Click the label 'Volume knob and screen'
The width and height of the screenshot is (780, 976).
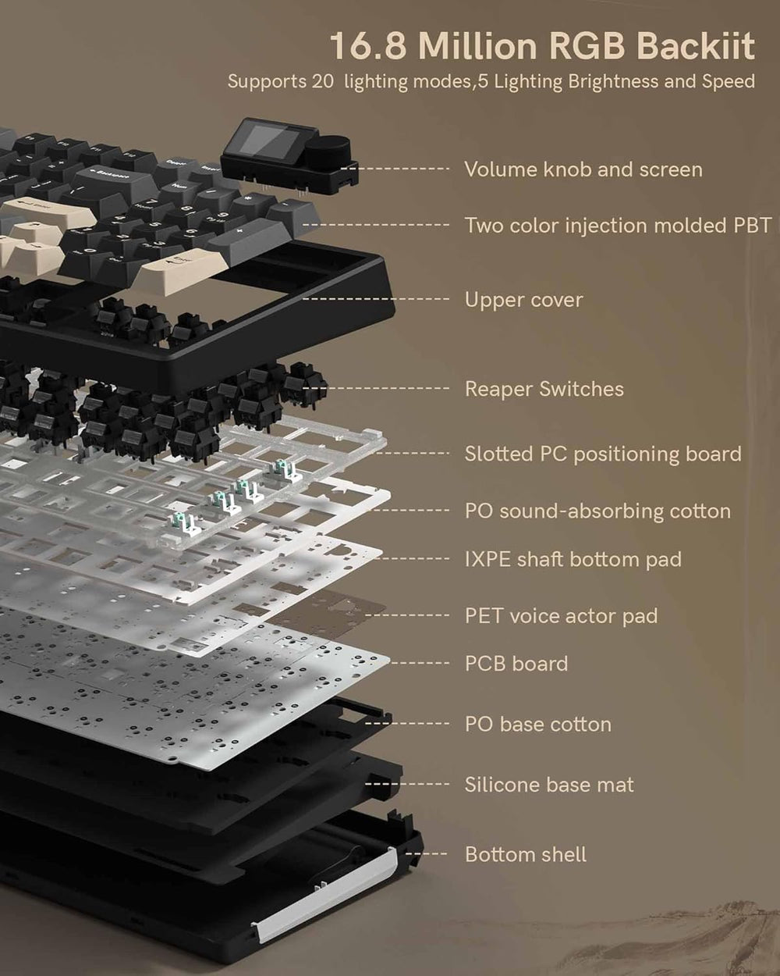[583, 169]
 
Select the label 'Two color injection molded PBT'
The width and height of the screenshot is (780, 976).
[618, 226]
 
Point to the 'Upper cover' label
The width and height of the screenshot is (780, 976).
[523, 300]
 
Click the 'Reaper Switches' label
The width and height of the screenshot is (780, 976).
[544, 389]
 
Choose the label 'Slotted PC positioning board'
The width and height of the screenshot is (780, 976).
[603, 454]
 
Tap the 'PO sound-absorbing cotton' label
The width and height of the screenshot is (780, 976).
[597, 511]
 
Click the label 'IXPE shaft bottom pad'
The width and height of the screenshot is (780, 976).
[573, 559]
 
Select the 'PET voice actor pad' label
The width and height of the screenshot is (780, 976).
[561, 616]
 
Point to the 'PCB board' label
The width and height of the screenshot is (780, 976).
[516, 664]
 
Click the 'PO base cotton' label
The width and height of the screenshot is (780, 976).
[537, 724]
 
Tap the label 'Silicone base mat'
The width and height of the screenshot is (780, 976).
[549, 785]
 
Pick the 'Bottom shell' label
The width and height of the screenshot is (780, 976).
[525, 854]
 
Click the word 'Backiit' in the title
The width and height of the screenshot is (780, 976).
[694, 46]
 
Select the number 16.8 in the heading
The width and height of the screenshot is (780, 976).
[367, 46]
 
